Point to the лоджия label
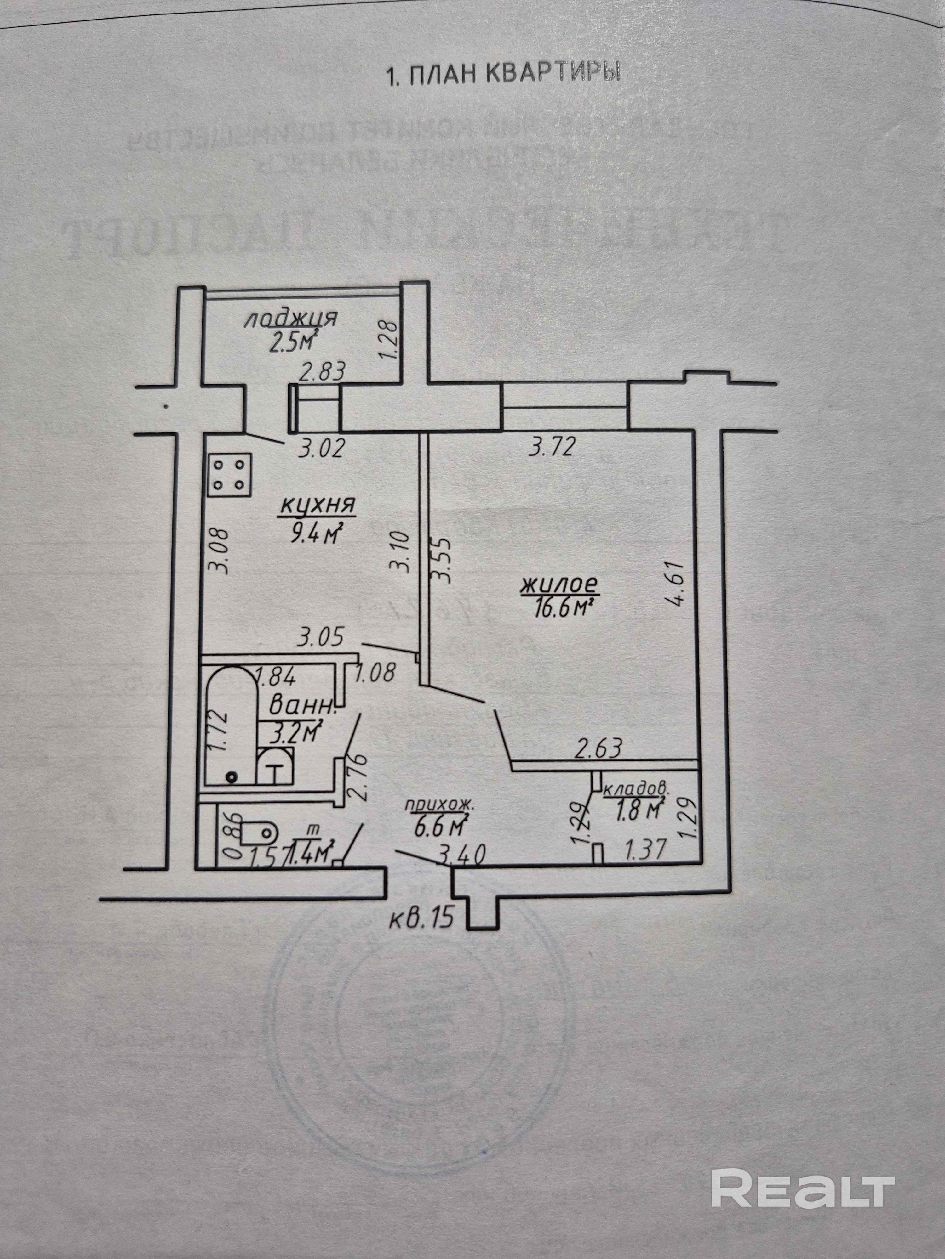[x=290, y=319]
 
